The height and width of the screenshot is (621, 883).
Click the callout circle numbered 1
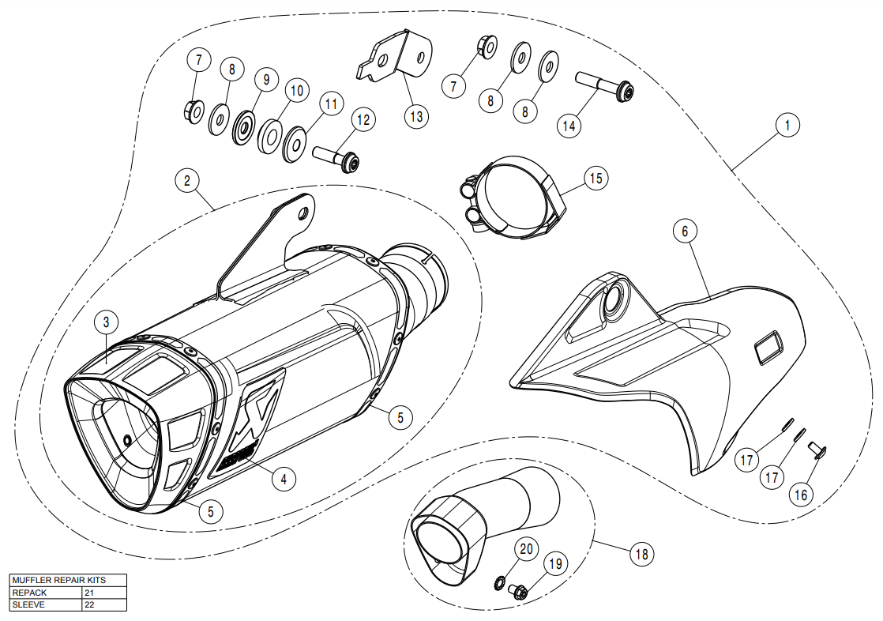pos(787,124)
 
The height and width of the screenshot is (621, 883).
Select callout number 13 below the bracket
pos(416,116)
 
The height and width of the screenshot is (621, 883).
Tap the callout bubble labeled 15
pos(596,178)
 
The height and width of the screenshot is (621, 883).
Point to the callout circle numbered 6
pos(685,231)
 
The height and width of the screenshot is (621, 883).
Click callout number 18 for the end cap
pos(641,554)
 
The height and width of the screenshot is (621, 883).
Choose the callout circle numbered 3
pos(106,322)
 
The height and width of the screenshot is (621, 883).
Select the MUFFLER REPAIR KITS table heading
pos(58,580)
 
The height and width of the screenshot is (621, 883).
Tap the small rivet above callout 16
pos(816,450)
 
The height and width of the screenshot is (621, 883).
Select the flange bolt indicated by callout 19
pos(519,590)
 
